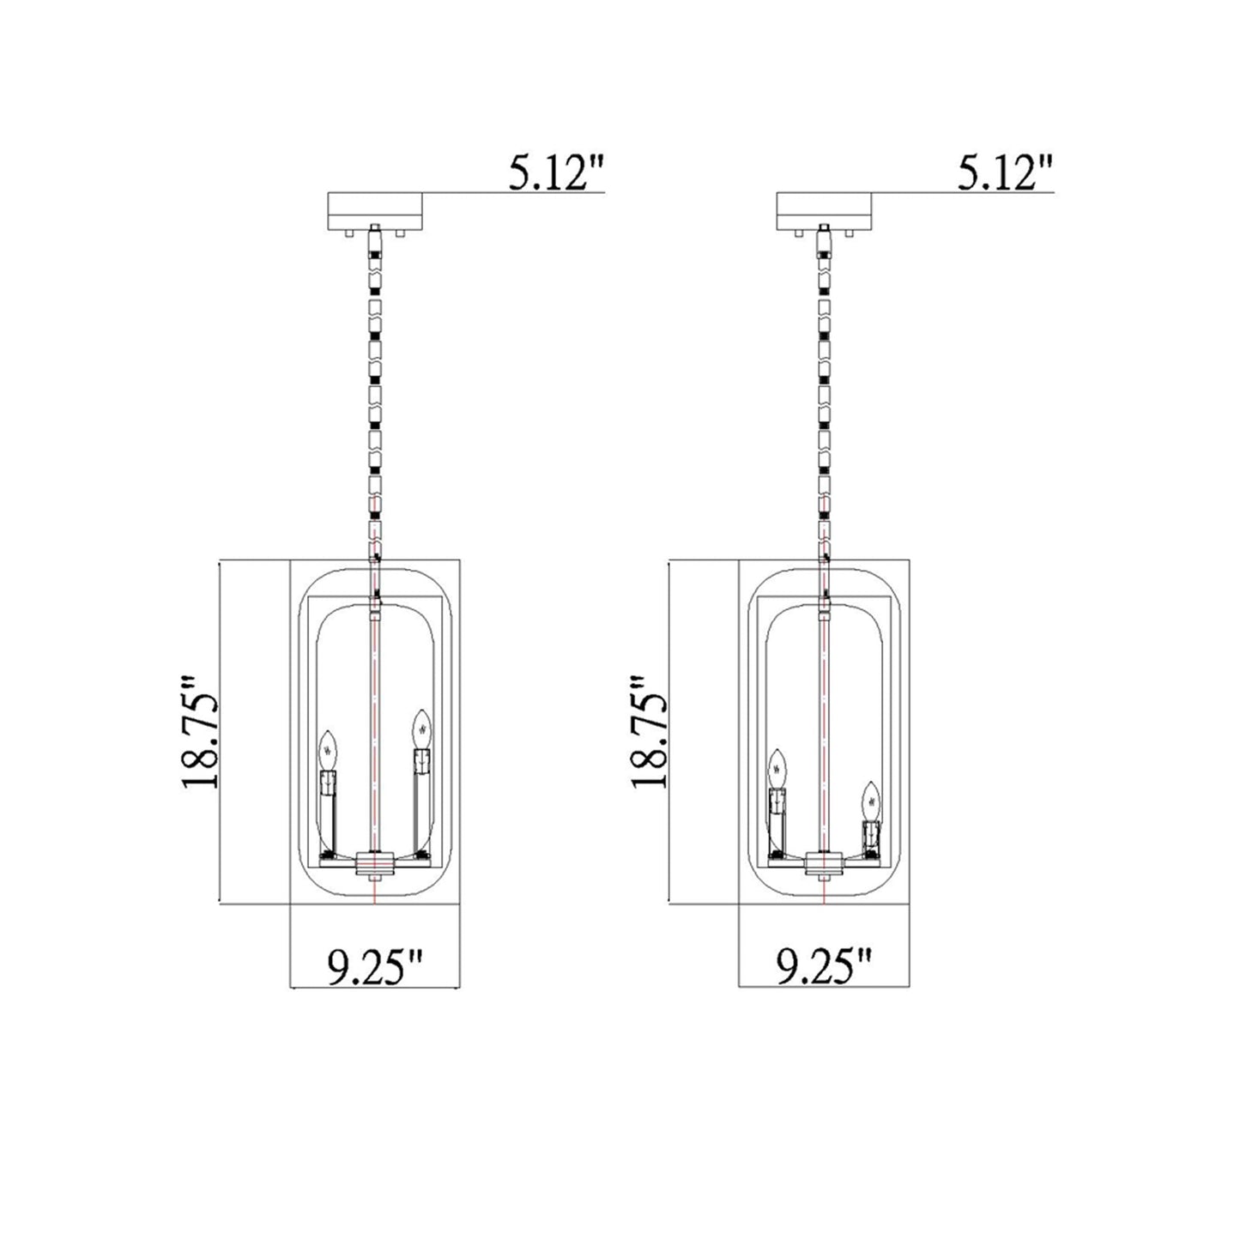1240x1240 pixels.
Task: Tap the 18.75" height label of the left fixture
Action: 203,732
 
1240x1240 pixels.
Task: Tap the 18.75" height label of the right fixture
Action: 650,732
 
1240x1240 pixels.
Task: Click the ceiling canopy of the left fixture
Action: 376,211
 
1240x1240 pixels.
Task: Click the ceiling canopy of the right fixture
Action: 824,211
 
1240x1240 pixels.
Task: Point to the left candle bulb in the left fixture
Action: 327,752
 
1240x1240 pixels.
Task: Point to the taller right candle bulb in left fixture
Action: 420,729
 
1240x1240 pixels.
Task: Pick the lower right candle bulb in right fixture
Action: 872,801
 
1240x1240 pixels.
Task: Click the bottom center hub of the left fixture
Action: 376,862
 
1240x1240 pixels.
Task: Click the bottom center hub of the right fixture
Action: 824,862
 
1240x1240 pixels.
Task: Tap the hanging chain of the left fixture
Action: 375,386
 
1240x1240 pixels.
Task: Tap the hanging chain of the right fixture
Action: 824,386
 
